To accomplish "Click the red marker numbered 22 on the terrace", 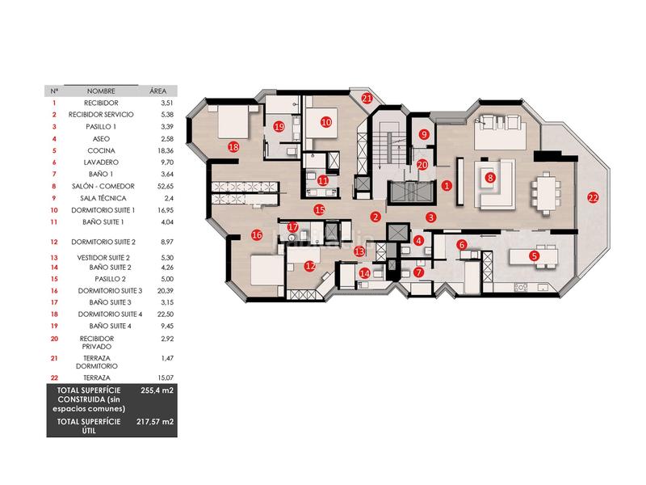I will [593, 198].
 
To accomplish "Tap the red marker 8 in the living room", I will [489, 178].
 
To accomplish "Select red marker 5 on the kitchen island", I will [534, 255].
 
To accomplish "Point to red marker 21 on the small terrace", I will [367, 99].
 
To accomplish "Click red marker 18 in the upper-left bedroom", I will [234, 147].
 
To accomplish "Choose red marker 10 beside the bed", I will [325, 122].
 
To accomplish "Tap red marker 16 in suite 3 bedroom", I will [257, 235].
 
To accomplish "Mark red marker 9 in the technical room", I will [425, 134].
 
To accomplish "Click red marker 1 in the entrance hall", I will [447, 185].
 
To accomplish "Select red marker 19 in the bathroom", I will [279, 126].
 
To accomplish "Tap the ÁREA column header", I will [157, 91].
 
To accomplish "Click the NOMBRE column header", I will [102, 91].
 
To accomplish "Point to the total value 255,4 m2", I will [157, 390].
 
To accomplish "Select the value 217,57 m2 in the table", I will [157, 421].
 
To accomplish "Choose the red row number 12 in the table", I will [54, 242].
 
